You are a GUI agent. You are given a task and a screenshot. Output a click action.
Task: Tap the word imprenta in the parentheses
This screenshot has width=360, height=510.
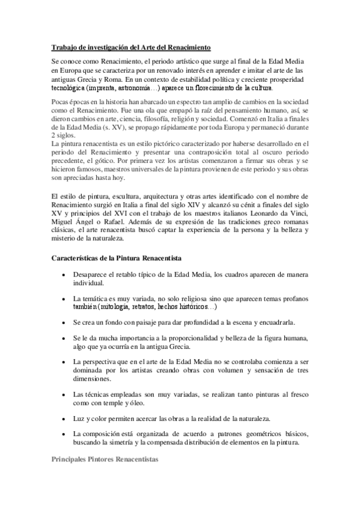point(106,87)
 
